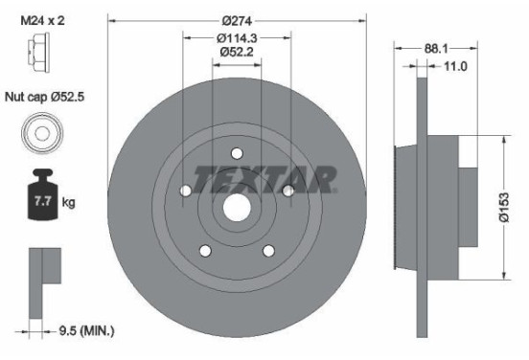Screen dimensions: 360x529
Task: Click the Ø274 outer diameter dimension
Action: (237, 21)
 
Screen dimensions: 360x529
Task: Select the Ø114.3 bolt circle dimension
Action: (237, 37)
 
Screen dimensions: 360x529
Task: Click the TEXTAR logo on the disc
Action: (264, 178)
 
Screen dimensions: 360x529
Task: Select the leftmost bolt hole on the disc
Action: (185, 191)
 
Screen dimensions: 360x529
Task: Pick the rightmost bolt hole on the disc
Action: (288, 191)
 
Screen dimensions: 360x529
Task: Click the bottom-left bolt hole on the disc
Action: (205, 251)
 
